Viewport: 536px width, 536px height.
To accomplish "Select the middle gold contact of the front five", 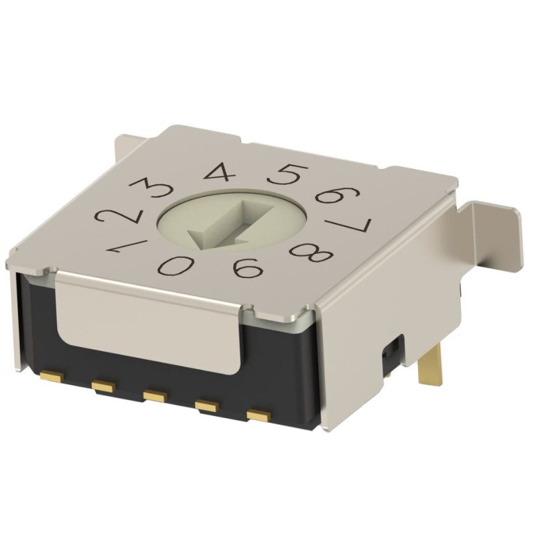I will (x=155, y=394).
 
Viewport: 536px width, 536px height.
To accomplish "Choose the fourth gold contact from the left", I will (x=208, y=405).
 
